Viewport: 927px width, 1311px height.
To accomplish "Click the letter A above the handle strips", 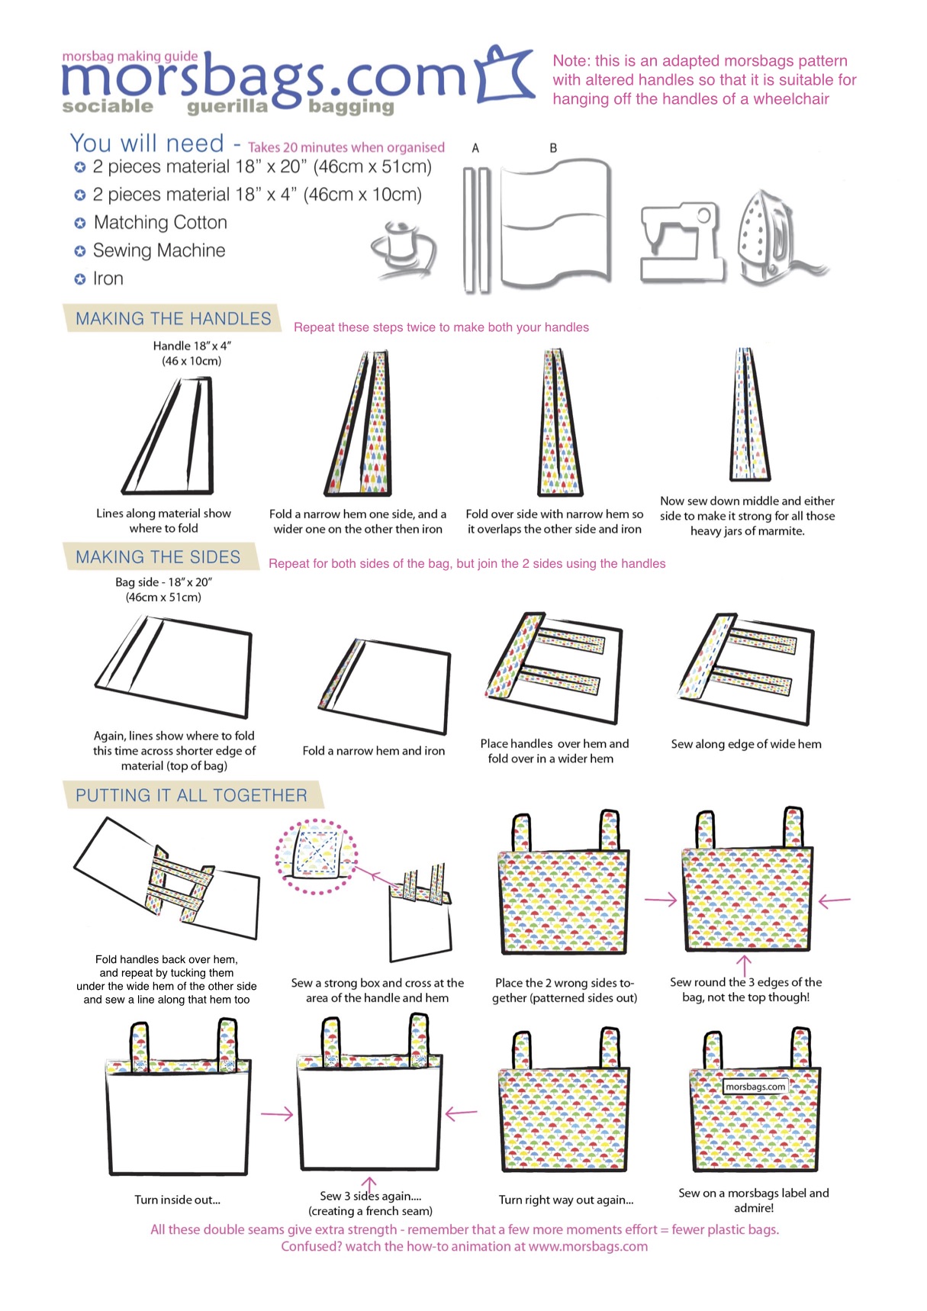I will [x=475, y=148].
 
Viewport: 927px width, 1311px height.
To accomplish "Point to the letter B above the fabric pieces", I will [x=553, y=148].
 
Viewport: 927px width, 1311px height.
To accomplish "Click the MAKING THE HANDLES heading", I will [x=173, y=319].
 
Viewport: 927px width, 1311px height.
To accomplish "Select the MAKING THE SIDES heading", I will [x=158, y=557].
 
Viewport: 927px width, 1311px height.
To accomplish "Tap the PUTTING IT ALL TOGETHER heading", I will [x=191, y=795].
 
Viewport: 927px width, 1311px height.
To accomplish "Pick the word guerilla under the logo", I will [x=227, y=107].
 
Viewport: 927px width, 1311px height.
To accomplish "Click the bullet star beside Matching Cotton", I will [x=79, y=223].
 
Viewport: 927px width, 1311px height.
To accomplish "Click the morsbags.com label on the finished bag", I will [x=755, y=1087].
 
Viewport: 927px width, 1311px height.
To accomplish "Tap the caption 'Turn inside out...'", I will [x=177, y=1200].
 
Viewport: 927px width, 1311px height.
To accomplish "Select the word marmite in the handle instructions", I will [x=781, y=531].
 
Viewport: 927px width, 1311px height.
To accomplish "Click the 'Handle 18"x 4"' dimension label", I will [x=192, y=346].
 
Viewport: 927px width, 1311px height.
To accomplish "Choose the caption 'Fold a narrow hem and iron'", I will [x=373, y=751].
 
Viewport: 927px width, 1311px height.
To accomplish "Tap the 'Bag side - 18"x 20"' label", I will [x=163, y=582].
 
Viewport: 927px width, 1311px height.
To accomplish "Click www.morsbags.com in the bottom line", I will [x=587, y=1246].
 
